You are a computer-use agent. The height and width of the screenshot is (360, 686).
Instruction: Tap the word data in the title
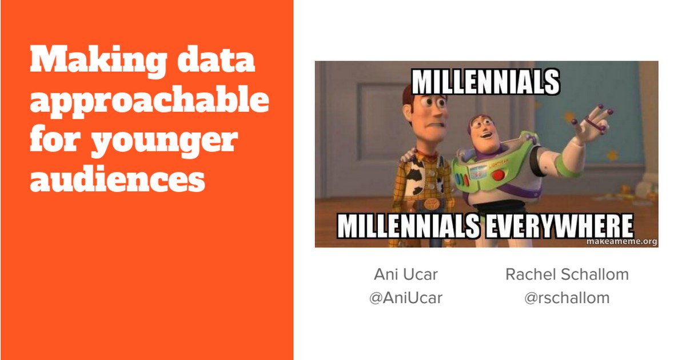216,59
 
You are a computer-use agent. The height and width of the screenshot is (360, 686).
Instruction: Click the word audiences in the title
118,178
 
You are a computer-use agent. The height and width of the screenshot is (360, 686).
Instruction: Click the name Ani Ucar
406,274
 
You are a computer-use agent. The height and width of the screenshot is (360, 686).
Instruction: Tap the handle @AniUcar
406,298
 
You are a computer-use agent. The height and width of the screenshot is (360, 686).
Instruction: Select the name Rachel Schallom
567,274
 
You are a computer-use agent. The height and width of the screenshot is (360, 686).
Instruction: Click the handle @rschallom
567,298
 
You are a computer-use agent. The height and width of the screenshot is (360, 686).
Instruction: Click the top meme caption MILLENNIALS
486,82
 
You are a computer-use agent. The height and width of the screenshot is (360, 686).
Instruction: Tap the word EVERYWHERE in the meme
560,226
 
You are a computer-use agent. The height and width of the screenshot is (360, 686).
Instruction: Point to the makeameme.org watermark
622,242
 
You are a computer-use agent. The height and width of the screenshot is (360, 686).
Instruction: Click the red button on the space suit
498,175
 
